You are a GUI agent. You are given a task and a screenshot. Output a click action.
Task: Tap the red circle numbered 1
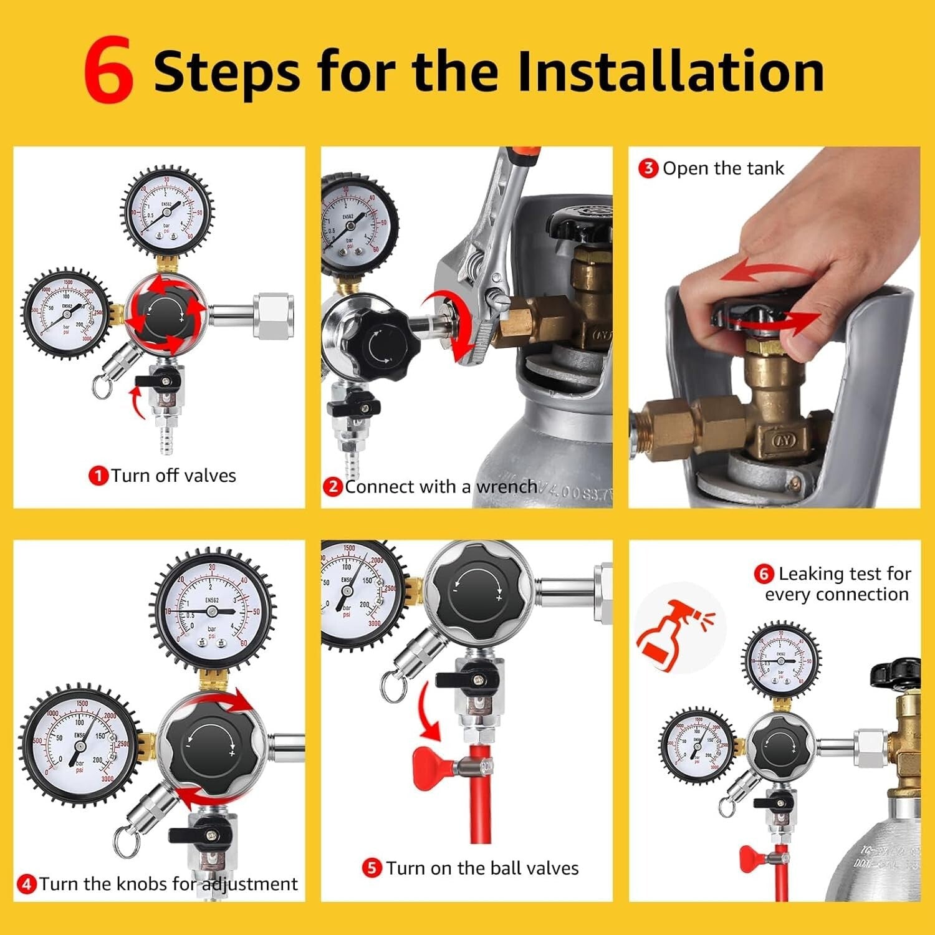pyautogui.click(x=98, y=476)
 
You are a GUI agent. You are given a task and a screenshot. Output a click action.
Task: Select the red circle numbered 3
pyautogui.click(x=648, y=168)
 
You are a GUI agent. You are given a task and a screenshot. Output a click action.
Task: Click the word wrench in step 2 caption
pyautogui.click(x=506, y=486)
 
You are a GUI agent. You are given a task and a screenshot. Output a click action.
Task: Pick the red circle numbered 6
pyautogui.click(x=764, y=573)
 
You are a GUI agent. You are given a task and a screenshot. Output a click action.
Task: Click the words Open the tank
pyautogui.click(x=723, y=168)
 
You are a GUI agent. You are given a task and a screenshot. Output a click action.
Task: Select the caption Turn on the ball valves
pyautogui.click(x=481, y=868)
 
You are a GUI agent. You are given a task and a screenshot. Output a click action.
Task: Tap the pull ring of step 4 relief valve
pyautogui.click(x=123, y=843)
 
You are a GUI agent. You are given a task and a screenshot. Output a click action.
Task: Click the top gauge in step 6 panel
pyautogui.click(x=781, y=659)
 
